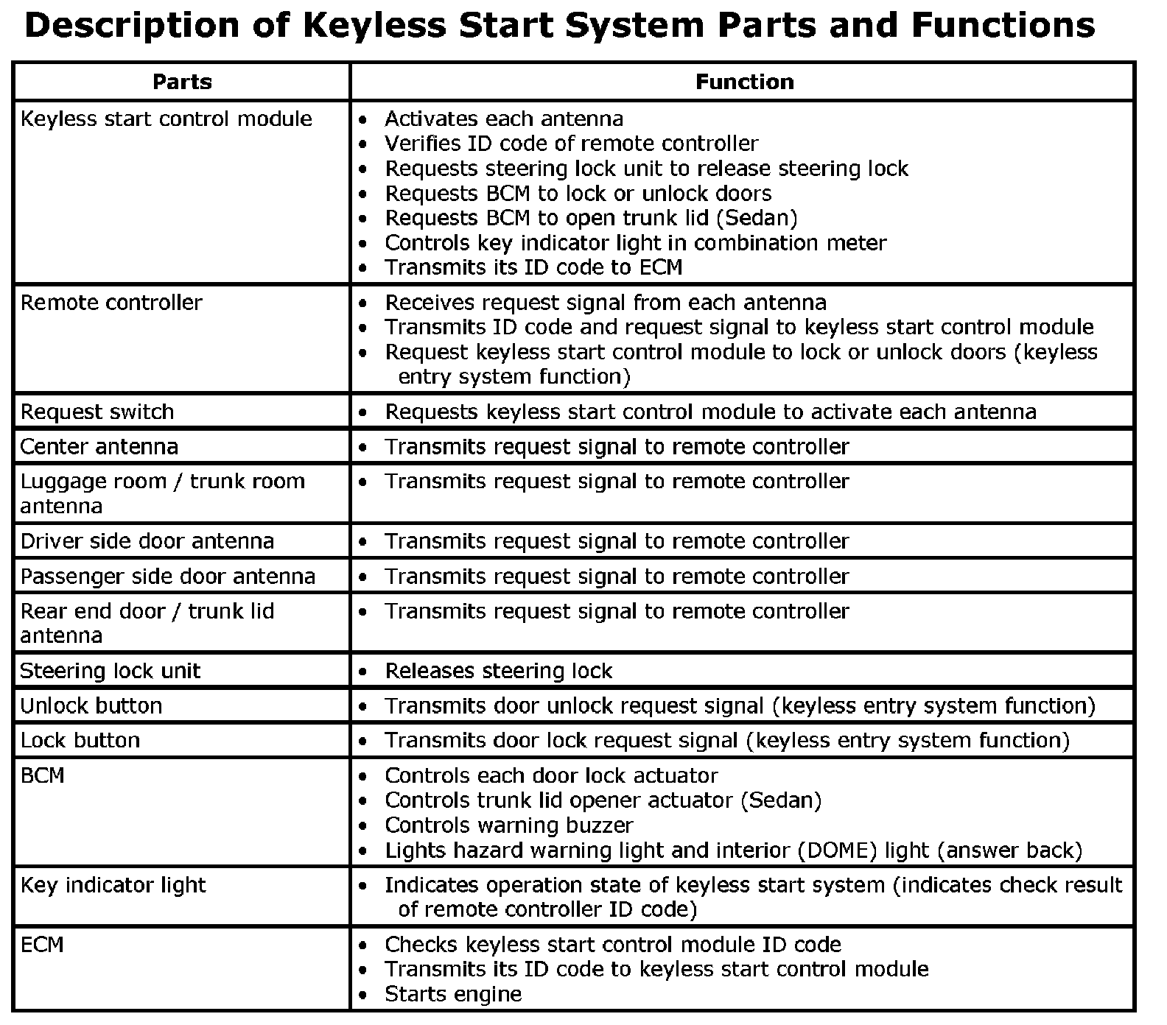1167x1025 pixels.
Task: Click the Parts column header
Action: (x=182, y=82)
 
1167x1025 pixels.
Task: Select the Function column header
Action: (x=744, y=82)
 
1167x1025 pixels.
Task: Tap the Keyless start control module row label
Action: (x=167, y=119)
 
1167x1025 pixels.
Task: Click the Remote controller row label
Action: (x=111, y=303)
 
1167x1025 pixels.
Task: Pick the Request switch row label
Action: (x=97, y=412)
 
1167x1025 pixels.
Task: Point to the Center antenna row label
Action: (x=99, y=447)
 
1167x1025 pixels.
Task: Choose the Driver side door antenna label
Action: (x=147, y=541)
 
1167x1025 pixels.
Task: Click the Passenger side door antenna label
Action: (x=168, y=577)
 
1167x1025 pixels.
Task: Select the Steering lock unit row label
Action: (x=111, y=671)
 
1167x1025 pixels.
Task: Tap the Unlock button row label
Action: (x=91, y=706)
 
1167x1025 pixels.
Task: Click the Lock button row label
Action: (x=80, y=741)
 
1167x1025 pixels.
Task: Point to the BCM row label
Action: (x=43, y=775)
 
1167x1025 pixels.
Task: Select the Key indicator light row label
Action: (x=113, y=885)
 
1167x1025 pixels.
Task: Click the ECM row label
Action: (x=42, y=945)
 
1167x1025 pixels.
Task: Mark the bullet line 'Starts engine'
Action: (x=453, y=995)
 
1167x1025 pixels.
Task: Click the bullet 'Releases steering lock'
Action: (x=499, y=672)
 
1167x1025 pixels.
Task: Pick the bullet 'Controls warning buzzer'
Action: (x=509, y=825)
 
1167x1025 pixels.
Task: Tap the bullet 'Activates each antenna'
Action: (x=504, y=119)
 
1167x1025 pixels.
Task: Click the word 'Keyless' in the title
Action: (x=374, y=27)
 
